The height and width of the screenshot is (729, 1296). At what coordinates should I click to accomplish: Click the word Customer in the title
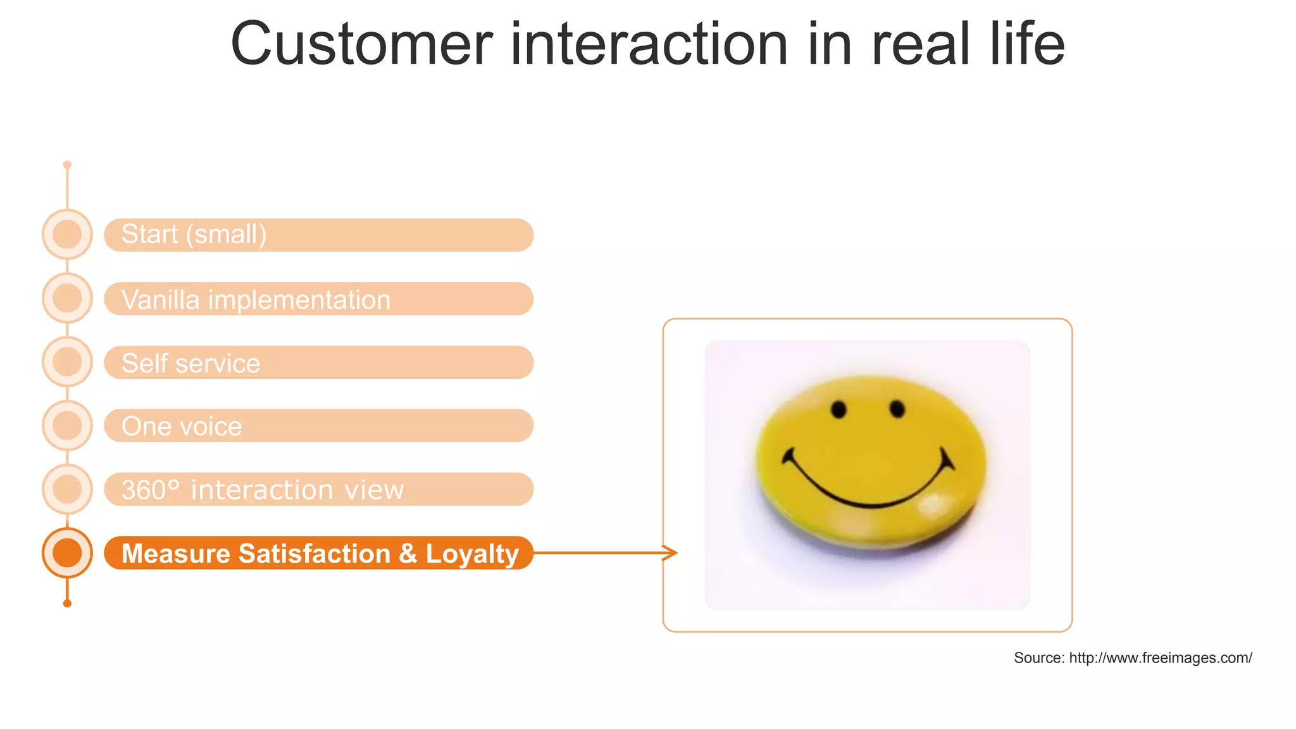[361, 44]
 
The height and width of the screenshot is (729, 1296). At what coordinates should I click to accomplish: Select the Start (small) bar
[318, 235]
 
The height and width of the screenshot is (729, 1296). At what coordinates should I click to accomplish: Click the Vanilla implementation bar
[318, 299]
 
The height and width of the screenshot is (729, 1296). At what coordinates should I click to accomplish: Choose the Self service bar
[318, 363]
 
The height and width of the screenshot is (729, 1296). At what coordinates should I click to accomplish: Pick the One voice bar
[318, 425]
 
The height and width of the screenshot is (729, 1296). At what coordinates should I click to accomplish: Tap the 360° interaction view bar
[318, 489]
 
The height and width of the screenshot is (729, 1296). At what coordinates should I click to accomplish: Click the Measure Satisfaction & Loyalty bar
[318, 553]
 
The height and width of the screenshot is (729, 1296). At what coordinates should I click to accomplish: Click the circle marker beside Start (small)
[67, 234]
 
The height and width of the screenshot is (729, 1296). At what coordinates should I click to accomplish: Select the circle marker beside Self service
[67, 362]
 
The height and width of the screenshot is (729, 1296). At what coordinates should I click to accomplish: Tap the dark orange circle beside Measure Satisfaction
[67, 552]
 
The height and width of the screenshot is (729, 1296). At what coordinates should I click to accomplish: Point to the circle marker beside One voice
[67, 425]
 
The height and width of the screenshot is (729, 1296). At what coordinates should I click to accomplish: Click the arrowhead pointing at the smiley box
[671, 552]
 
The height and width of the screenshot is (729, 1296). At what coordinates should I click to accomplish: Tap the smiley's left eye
[838, 409]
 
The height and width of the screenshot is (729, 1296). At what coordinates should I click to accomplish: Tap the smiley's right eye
[897, 409]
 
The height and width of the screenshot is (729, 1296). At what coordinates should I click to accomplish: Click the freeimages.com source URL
[1160, 658]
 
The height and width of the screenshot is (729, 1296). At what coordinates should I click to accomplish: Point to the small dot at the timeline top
[67, 165]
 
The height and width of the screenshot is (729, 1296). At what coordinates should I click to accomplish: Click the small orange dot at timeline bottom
[67, 603]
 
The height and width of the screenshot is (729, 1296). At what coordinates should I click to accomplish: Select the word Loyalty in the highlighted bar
[472, 554]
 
